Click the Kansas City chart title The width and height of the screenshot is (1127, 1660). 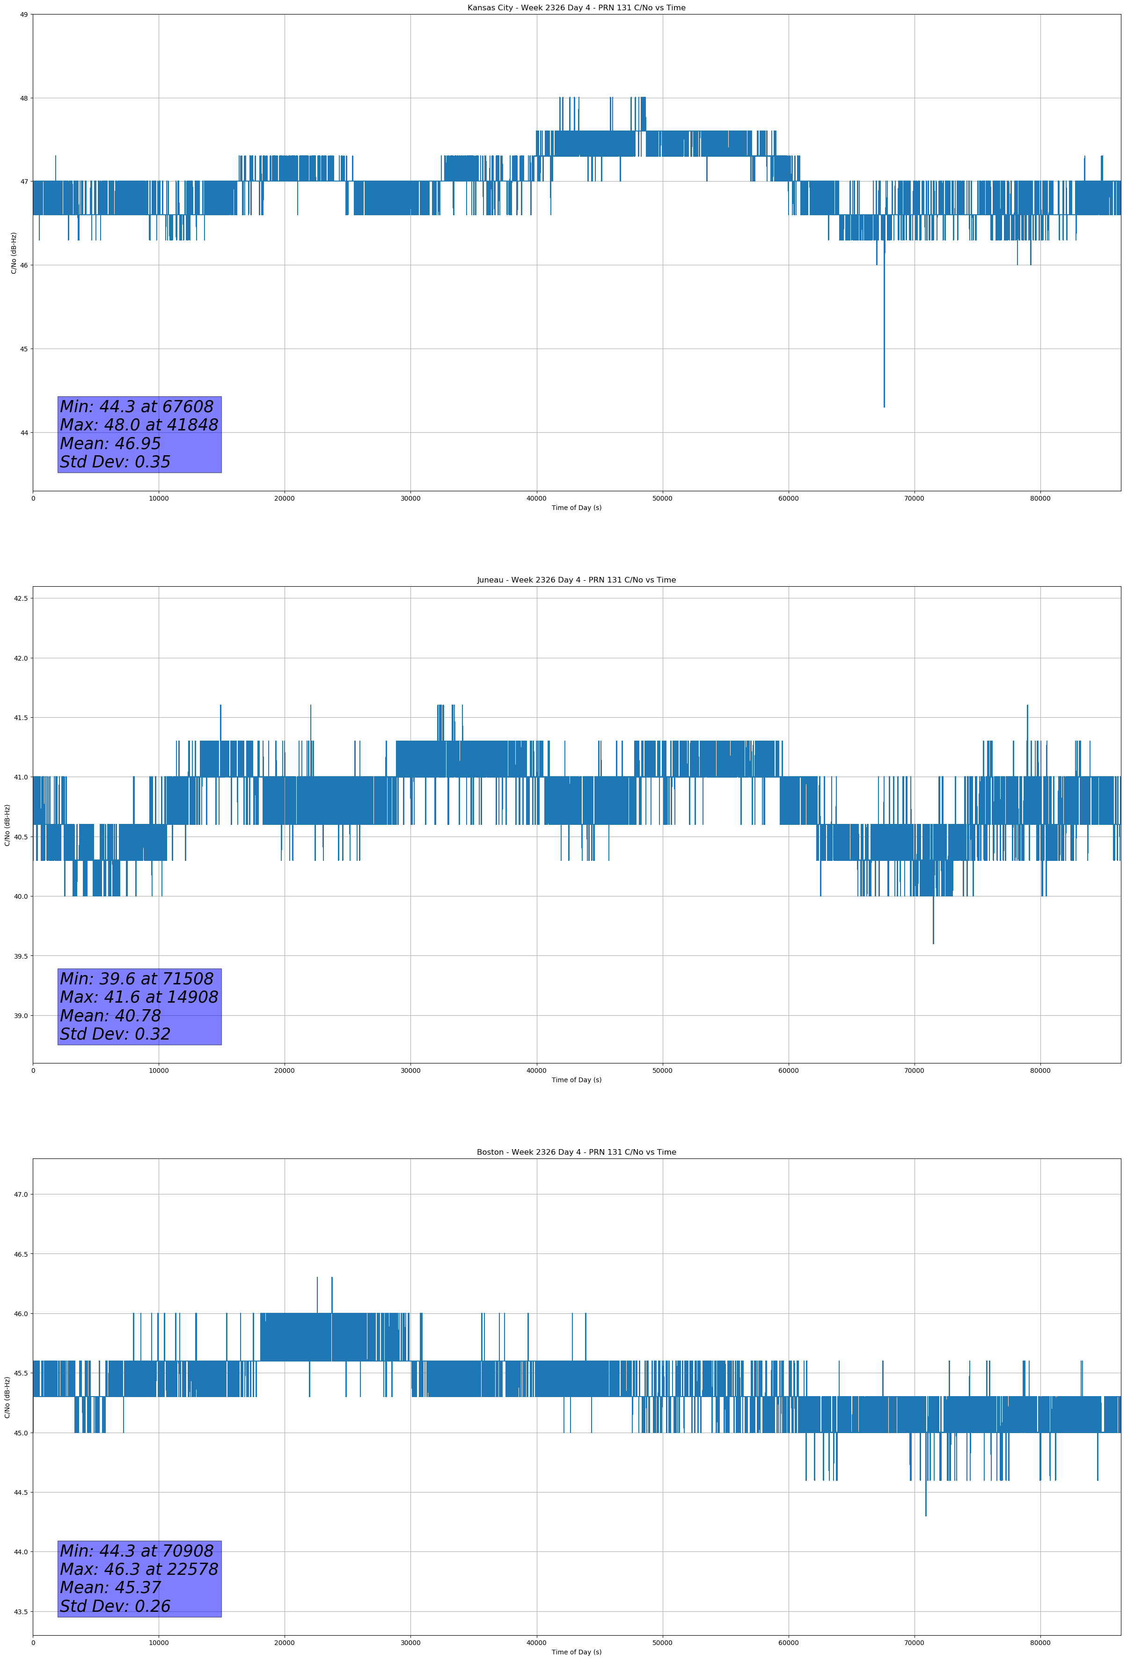coord(576,8)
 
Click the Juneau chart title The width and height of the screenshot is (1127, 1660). coord(576,580)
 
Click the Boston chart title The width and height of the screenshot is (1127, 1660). coord(576,1152)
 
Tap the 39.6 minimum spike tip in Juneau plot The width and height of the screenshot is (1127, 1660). coord(933,942)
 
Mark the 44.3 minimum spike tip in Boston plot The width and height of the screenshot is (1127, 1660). coord(925,1514)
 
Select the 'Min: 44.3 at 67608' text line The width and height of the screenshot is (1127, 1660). coord(137,407)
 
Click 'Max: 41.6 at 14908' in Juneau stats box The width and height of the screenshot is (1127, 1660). coord(139,997)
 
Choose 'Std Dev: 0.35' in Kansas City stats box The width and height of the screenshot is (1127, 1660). coord(115,462)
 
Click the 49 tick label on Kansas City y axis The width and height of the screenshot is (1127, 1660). coord(23,15)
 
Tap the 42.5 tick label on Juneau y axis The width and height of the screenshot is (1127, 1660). coord(21,598)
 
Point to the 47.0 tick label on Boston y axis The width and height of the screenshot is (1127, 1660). coord(21,1194)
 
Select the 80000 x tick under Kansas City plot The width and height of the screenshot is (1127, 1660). coord(1040,499)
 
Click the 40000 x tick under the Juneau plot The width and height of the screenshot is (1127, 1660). coord(536,1070)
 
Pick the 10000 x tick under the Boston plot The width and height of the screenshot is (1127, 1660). coord(159,1643)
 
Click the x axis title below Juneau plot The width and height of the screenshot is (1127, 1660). coord(576,1080)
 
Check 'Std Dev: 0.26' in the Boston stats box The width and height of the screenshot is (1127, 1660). coord(115,1606)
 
